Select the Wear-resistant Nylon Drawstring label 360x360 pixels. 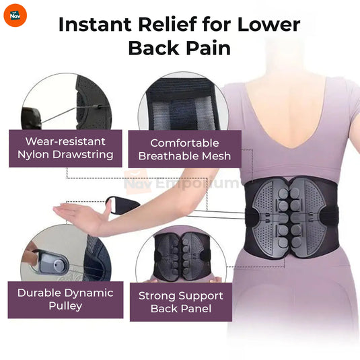tap(65, 149)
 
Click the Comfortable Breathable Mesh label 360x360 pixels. tap(184, 149)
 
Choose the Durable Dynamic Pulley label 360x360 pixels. tap(65, 299)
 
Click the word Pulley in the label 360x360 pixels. tap(65, 306)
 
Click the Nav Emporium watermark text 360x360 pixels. tap(181, 182)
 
